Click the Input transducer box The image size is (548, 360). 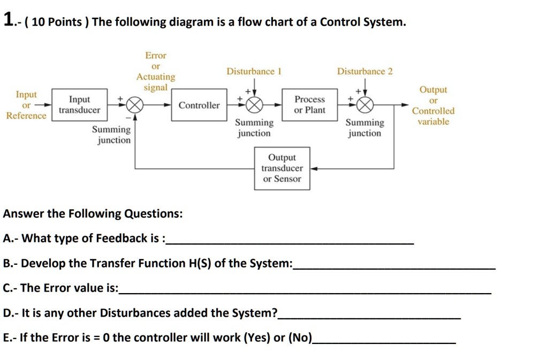[x=79, y=105]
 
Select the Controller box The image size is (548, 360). [x=199, y=105]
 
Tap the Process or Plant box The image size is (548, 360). [x=309, y=105]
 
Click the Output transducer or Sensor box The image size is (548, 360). [x=282, y=168]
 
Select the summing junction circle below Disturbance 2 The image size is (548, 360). [x=365, y=105]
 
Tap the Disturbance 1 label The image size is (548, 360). [x=254, y=71]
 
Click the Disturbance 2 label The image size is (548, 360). [x=364, y=71]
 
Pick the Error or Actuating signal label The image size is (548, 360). [x=156, y=71]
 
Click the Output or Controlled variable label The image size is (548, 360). [x=433, y=106]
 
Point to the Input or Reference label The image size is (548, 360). [x=26, y=105]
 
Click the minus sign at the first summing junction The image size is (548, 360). [x=127, y=117]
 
